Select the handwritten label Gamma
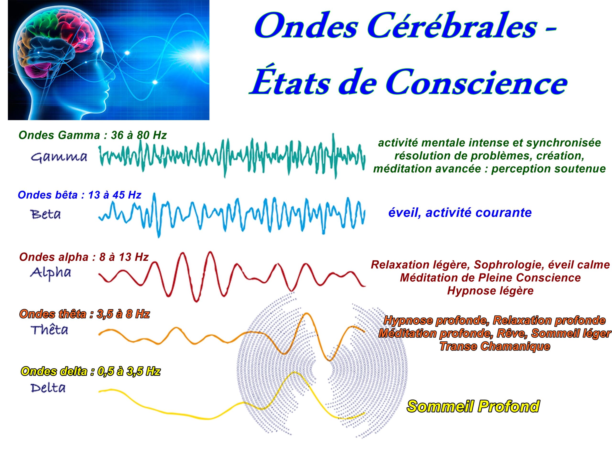(x=59, y=158)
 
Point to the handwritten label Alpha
(x=51, y=273)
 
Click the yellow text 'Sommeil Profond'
(x=473, y=407)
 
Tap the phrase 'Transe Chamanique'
(x=495, y=346)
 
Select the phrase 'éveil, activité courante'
(x=460, y=212)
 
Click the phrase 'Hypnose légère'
(x=490, y=291)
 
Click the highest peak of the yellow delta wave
(x=294, y=372)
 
